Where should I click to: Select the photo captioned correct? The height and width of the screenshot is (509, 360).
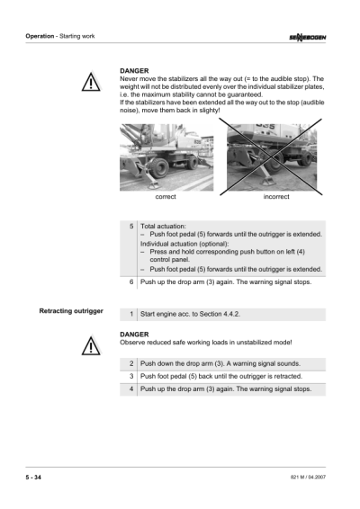pos(166,156)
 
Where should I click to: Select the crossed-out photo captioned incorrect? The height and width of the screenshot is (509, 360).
pos(269,156)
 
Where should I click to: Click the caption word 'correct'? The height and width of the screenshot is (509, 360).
pos(166,196)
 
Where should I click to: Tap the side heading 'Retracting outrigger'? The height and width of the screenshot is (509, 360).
pos(71,311)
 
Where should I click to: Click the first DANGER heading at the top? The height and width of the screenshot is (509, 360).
pos(134,69)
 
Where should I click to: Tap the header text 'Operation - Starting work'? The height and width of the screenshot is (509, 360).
pos(59,36)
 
